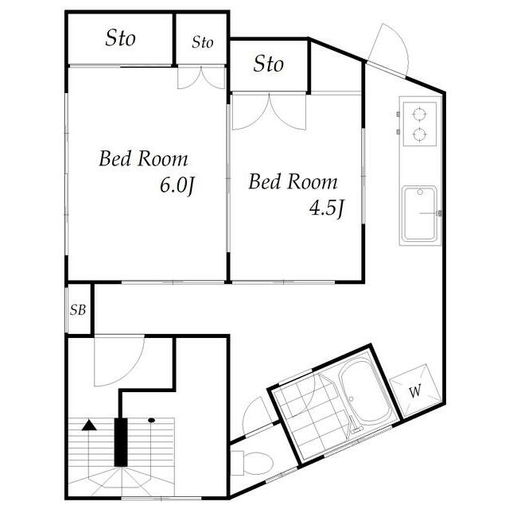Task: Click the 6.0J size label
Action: click(177, 186)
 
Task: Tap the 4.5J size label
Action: click(326, 208)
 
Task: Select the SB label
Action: click(78, 310)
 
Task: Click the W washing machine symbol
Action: click(415, 390)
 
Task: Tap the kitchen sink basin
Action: click(419, 213)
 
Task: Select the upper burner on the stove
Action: click(419, 114)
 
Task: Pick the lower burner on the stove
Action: click(419, 134)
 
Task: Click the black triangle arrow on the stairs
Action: click(89, 425)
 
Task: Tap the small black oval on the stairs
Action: click(151, 420)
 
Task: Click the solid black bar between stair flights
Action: click(121, 442)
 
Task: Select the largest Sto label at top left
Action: click(120, 38)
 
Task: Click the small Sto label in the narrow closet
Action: click(203, 42)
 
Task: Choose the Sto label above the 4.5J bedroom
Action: click(269, 64)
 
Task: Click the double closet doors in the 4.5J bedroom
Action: click(269, 111)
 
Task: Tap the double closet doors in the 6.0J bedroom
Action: click(201, 78)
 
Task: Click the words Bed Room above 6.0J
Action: click(143, 159)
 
